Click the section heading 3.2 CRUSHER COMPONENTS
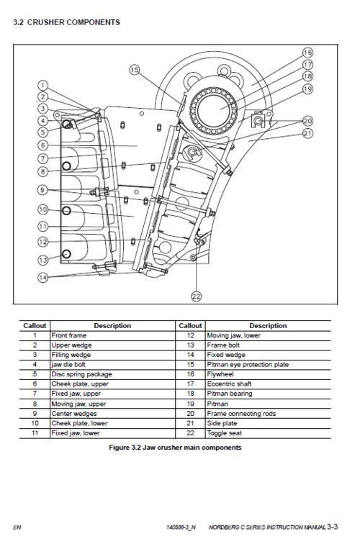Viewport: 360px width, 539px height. click(x=66, y=22)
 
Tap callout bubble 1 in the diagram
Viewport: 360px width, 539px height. click(x=42, y=85)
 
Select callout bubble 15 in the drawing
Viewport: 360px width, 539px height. click(x=135, y=70)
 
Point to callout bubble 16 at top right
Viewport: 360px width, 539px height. click(x=307, y=53)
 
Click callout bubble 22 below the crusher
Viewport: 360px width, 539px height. click(x=195, y=295)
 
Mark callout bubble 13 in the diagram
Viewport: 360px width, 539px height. click(x=42, y=260)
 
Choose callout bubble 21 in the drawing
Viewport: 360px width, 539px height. click(x=307, y=133)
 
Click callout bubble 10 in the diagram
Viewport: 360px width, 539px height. click(x=42, y=209)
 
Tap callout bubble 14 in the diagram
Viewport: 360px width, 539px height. click(x=42, y=277)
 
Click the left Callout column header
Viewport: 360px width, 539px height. click(x=35, y=325)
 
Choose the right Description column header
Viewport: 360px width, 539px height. click(x=268, y=325)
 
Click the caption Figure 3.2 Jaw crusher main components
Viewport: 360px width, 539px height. click(x=175, y=448)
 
